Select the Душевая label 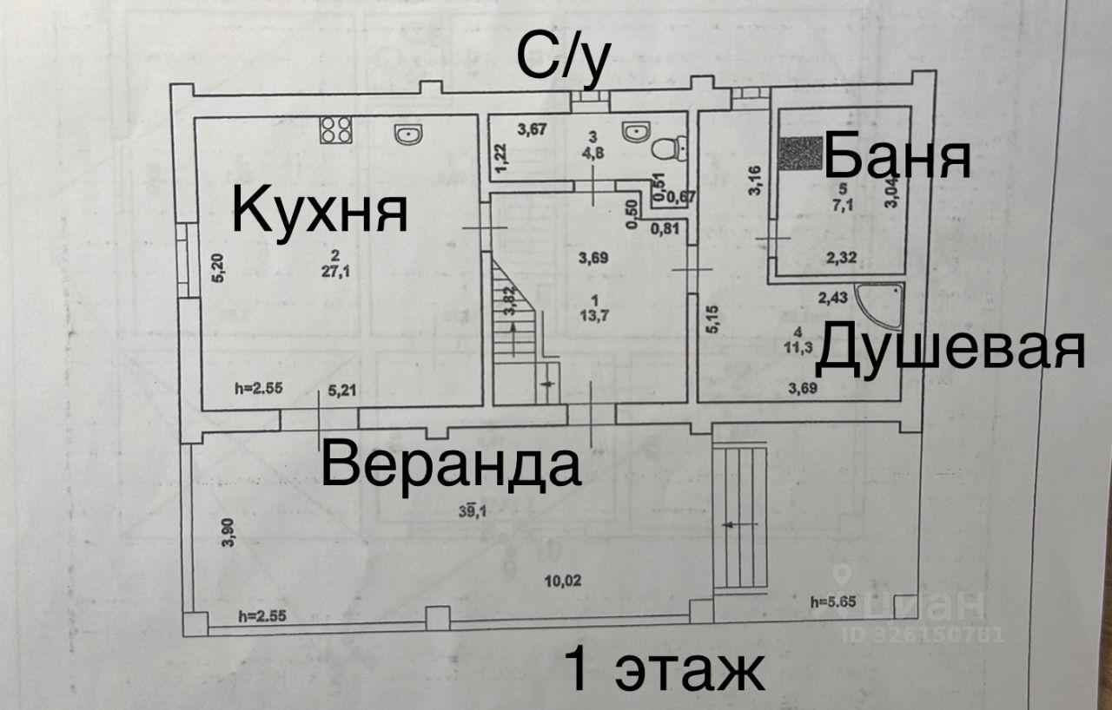pyautogui.click(x=950, y=348)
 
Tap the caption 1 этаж pyautogui.click(x=665, y=670)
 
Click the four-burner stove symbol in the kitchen pyautogui.click(x=335, y=130)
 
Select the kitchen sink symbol pyautogui.click(x=408, y=133)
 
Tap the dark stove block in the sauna pyautogui.click(x=799, y=154)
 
